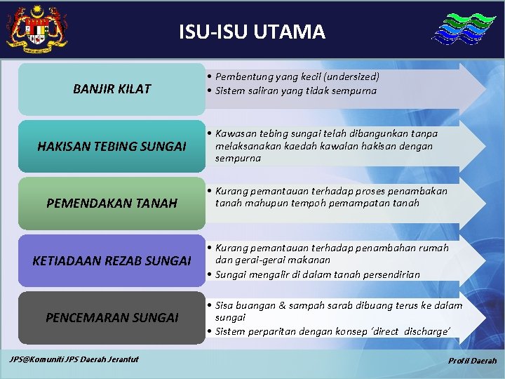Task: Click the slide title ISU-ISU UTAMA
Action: point(252,32)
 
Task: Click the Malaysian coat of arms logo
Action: point(36,28)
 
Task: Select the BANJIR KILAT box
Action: point(112,89)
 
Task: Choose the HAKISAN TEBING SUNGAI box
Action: point(112,146)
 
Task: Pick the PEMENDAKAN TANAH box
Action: point(112,204)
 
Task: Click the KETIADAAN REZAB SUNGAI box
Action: point(112,261)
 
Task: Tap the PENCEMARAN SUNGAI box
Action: point(112,318)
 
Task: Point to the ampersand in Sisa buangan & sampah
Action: point(282,305)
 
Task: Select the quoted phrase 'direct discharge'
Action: point(410,331)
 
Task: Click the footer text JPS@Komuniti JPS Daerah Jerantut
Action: point(74,359)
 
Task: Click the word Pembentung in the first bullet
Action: point(243,77)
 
